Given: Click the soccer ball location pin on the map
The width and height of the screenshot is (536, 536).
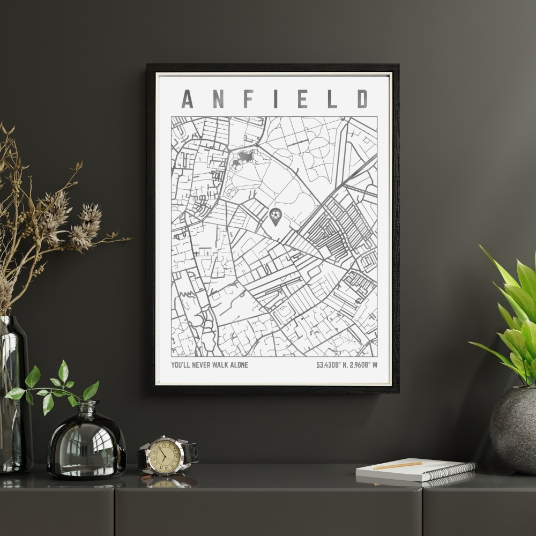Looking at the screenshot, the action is click(275, 215).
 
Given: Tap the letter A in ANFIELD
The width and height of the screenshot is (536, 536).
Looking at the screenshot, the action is click(187, 99).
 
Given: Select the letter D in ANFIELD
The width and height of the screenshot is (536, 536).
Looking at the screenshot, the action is click(363, 99).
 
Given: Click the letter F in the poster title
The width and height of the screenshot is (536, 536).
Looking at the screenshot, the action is click(246, 99).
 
